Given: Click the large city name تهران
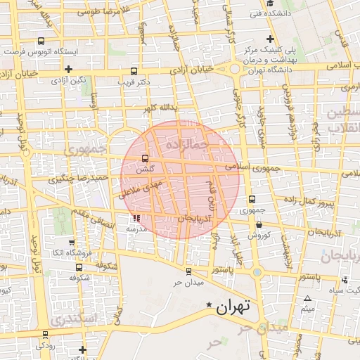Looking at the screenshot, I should [x=233, y=307].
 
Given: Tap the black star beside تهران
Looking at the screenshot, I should [x=209, y=305].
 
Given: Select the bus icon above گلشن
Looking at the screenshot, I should [x=146, y=157].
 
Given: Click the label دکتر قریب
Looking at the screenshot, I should [x=134, y=82].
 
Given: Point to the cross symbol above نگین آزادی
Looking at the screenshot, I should [x=68, y=69].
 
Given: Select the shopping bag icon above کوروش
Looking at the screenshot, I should [x=259, y=225].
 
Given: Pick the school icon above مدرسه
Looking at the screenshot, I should [x=136, y=218].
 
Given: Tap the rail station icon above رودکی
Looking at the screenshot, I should [x=46, y=335].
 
